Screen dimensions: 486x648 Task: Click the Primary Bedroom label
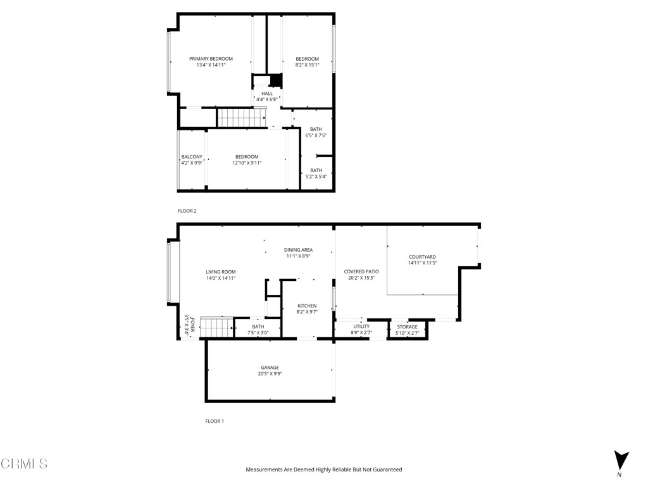click(x=211, y=59)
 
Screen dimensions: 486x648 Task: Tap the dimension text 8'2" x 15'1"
click(x=307, y=65)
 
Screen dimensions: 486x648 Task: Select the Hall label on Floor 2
click(x=267, y=94)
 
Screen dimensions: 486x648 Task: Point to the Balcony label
click(x=192, y=157)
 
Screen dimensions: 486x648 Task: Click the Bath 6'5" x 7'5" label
click(x=316, y=130)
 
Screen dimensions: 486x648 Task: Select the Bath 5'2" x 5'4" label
click(x=316, y=170)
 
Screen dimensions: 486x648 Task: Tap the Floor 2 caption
click(x=187, y=211)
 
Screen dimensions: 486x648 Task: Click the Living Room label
click(x=220, y=272)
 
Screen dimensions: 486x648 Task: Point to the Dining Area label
click(x=298, y=250)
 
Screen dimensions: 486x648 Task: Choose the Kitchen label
click(x=307, y=306)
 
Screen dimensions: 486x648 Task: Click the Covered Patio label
click(x=361, y=272)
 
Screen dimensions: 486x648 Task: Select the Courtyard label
click(x=422, y=257)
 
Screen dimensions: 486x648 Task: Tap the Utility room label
click(x=361, y=327)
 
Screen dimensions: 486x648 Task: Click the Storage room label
click(x=408, y=327)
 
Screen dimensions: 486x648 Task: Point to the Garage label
click(x=270, y=368)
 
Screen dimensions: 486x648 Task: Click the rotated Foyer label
click(x=187, y=324)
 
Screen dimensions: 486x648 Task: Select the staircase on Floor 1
click(x=218, y=328)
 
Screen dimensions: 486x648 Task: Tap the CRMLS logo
click(x=24, y=464)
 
